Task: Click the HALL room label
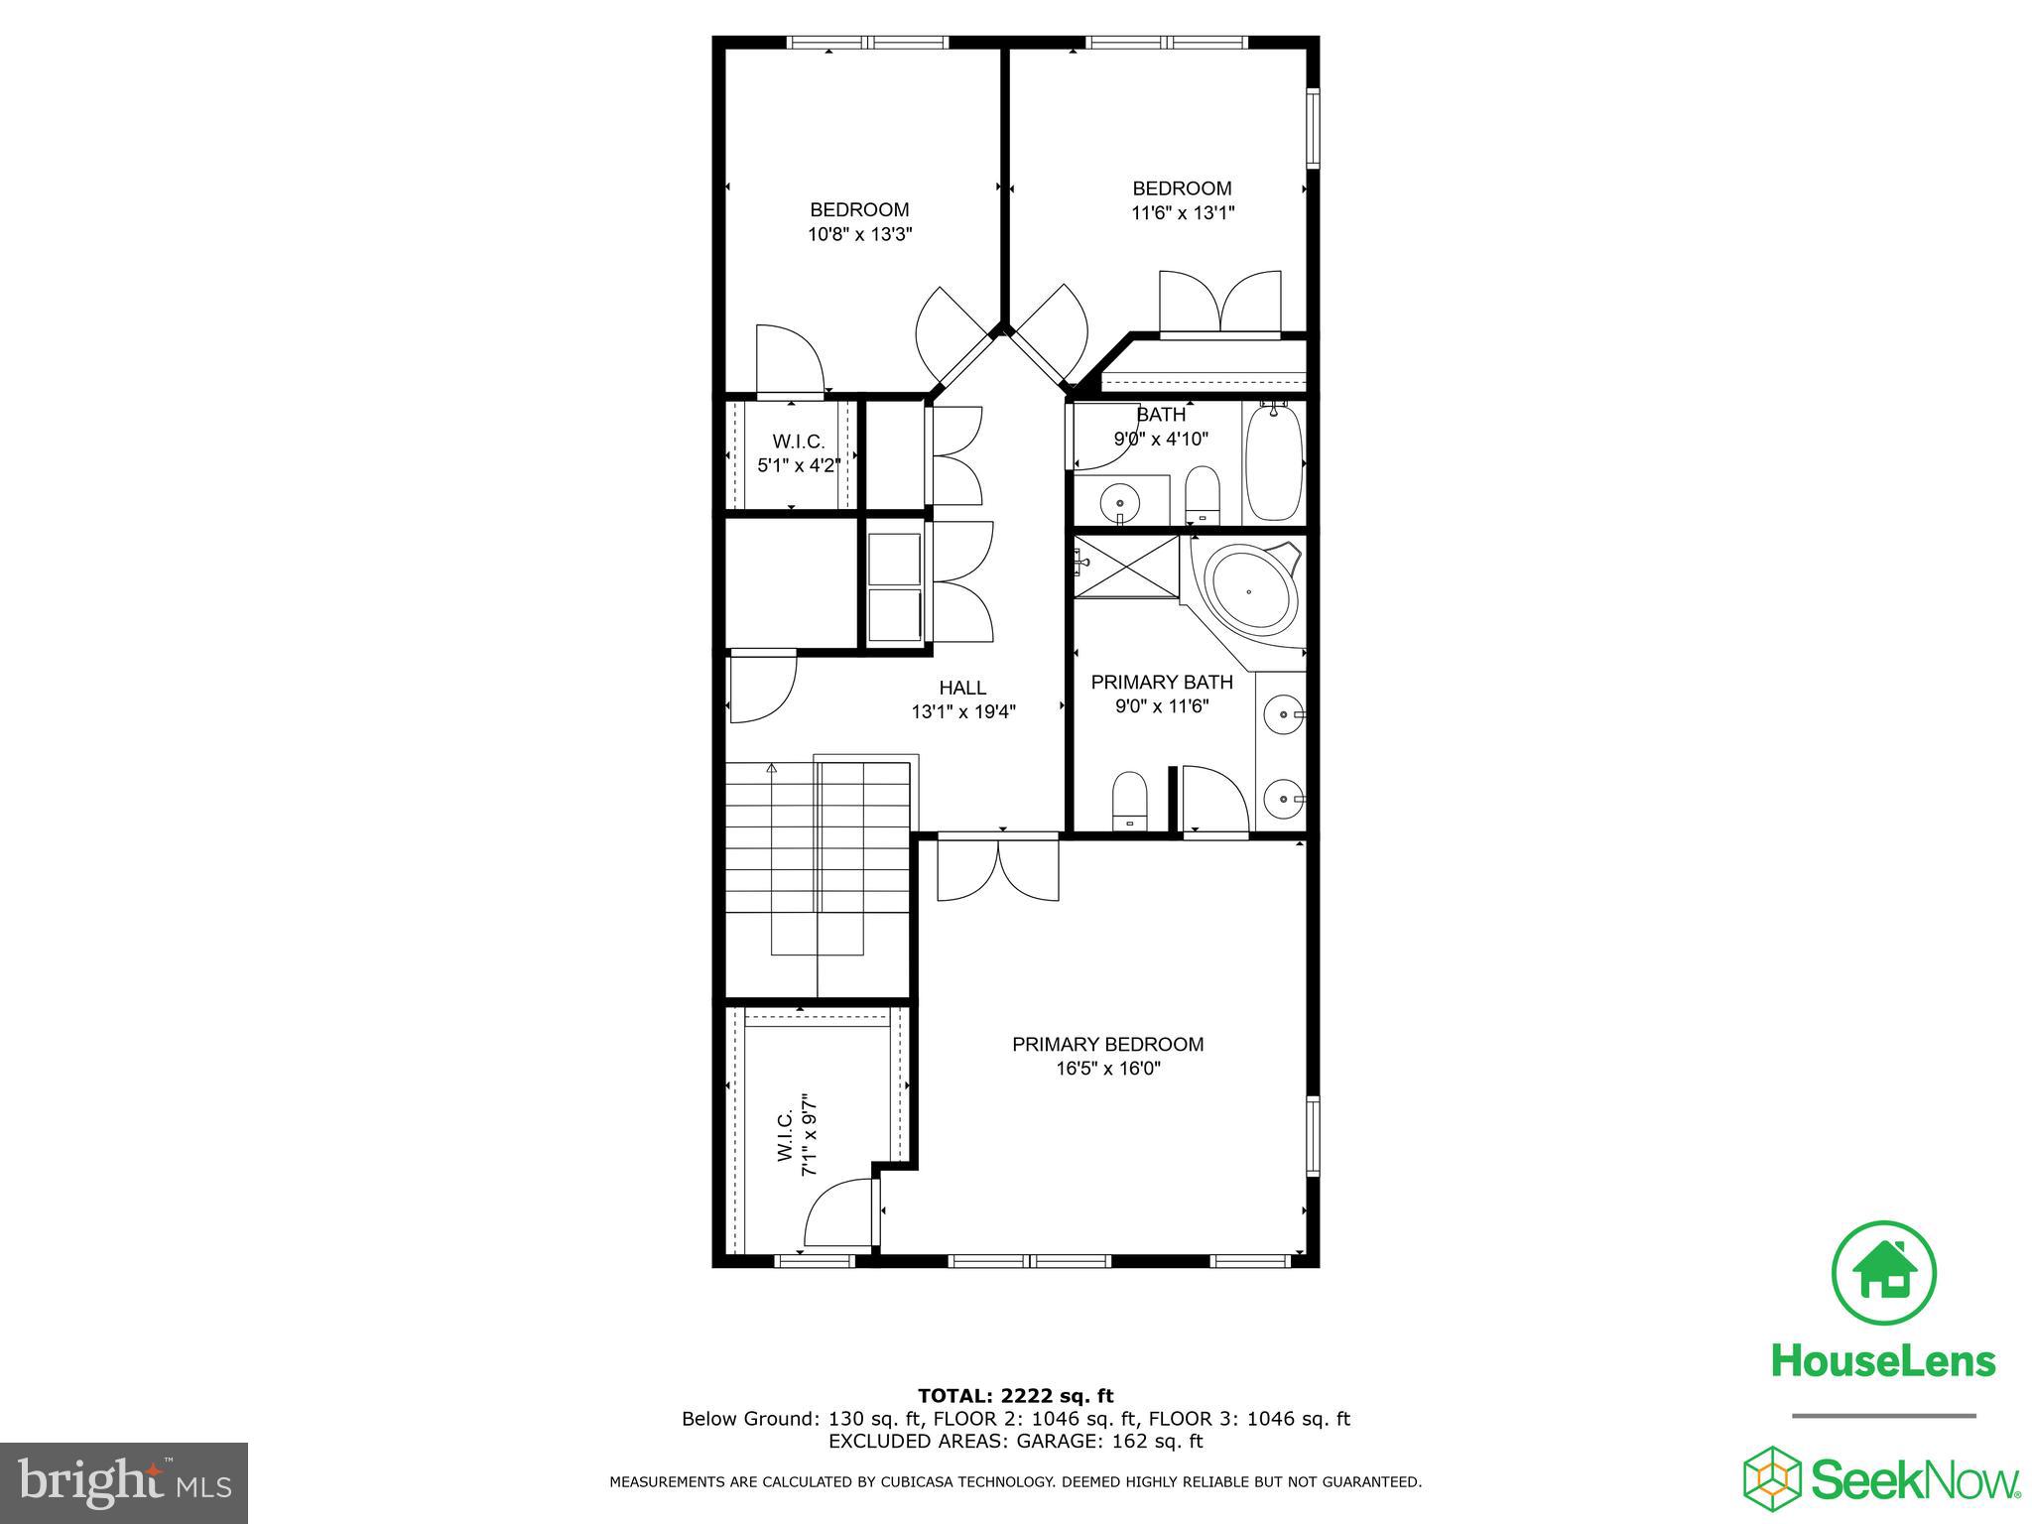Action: click(962, 688)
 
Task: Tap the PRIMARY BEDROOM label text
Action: click(1107, 1044)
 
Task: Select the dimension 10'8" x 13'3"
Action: click(859, 235)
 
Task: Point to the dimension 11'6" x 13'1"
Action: click(1183, 213)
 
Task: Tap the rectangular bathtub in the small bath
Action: click(1273, 460)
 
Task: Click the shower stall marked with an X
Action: click(1126, 568)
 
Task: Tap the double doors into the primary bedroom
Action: click(998, 869)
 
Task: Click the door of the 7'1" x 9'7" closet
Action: click(839, 1211)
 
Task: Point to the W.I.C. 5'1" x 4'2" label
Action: click(799, 453)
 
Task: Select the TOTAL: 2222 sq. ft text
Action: click(1015, 1396)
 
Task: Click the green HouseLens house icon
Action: click(1882, 1273)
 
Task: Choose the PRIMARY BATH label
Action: click(1161, 683)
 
